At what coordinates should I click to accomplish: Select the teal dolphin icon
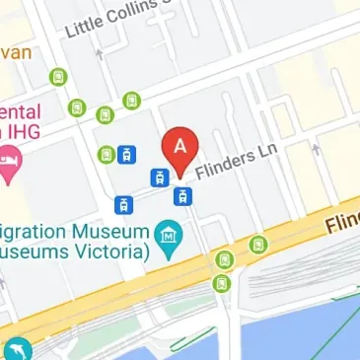click(17, 349)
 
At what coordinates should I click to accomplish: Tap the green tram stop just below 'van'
click(59, 76)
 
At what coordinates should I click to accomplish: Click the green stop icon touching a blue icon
click(107, 154)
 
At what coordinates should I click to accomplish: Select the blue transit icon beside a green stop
click(125, 155)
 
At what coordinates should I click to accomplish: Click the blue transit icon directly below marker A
click(181, 195)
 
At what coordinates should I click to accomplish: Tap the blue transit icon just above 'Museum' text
click(123, 204)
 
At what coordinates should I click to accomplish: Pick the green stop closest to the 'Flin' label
click(258, 243)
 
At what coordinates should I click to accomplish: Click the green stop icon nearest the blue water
click(221, 283)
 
